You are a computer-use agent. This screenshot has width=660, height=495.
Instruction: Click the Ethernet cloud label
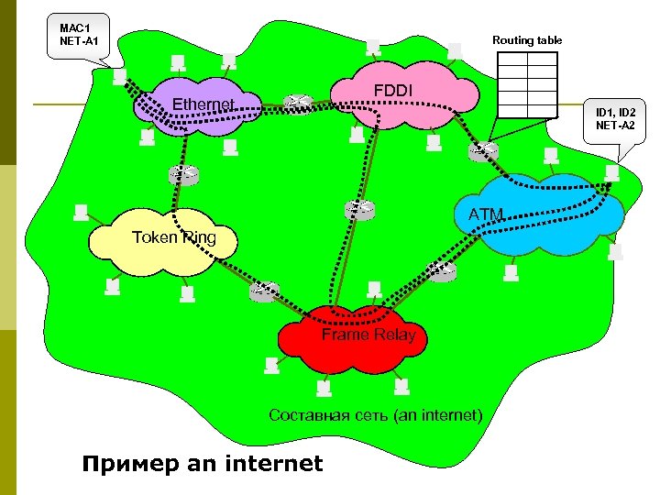pyautogui.click(x=204, y=104)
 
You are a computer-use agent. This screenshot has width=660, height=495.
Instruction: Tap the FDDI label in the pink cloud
pyautogui.click(x=394, y=91)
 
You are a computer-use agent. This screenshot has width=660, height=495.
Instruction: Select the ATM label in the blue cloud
pyautogui.click(x=487, y=214)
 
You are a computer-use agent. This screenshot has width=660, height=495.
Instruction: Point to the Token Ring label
pyautogui.click(x=174, y=237)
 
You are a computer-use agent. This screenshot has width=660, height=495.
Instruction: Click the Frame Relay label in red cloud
pyautogui.click(x=368, y=335)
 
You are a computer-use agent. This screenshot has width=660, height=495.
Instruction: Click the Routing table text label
pyautogui.click(x=527, y=40)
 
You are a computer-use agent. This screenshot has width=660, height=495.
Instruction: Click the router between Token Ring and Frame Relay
pyautogui.click(x=264, y=291)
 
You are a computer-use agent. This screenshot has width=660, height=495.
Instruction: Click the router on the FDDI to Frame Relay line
pyautogui.click(x=360, y=209)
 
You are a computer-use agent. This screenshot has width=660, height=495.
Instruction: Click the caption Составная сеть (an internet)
pyautogui.click(x=375, y=415)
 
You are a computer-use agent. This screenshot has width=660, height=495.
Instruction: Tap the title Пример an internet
pyautogui.click(x=203, y=463)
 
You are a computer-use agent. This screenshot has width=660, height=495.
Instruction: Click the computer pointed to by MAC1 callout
pyautogui.click(x=120, y=78)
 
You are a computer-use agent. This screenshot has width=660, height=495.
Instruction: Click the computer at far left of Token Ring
pyautogui.click(x=82, y=213)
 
